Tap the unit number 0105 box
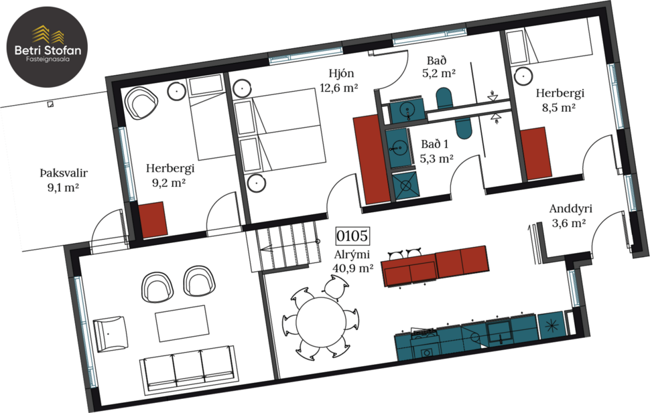352,236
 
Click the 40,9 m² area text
352,268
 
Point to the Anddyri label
570,208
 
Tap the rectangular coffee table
182,323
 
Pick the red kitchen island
435,266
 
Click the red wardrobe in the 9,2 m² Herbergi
153,220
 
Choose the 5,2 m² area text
440,74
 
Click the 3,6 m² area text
568,224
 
